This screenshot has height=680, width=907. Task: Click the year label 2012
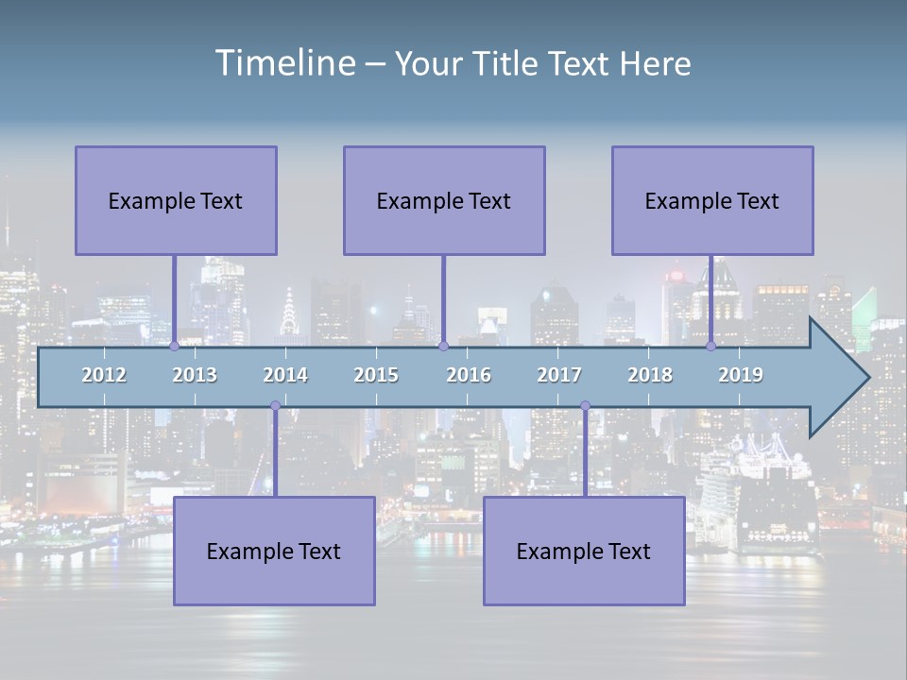coord(104,375)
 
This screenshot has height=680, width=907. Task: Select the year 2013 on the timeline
coord(195,375)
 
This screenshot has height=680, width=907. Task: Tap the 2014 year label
coord(285,375)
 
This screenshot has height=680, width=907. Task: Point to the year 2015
coord(376,375)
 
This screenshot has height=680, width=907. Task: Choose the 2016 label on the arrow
coord(469,375)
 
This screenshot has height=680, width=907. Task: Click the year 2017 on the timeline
coord(559,375)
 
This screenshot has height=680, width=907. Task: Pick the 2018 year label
coord(650,375)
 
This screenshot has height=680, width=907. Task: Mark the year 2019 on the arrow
coord(741,375)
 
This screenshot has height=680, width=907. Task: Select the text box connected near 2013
coord(176,200)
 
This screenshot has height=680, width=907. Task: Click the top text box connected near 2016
coord(444,200)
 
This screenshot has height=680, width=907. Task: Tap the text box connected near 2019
coord(712,200)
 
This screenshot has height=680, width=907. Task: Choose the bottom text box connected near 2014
coord(274,551)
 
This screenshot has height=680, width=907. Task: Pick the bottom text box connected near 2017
coord(584,551)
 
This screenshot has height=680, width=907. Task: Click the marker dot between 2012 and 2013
coord(174,346)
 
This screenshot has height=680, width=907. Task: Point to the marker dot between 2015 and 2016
coord(443,346)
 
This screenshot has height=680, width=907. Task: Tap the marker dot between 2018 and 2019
coord(710,346)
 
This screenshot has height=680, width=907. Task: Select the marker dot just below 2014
coord(275,406)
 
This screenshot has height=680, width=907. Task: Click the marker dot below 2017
coord(585,406)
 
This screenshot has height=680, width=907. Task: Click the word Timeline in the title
coord(284,63)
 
